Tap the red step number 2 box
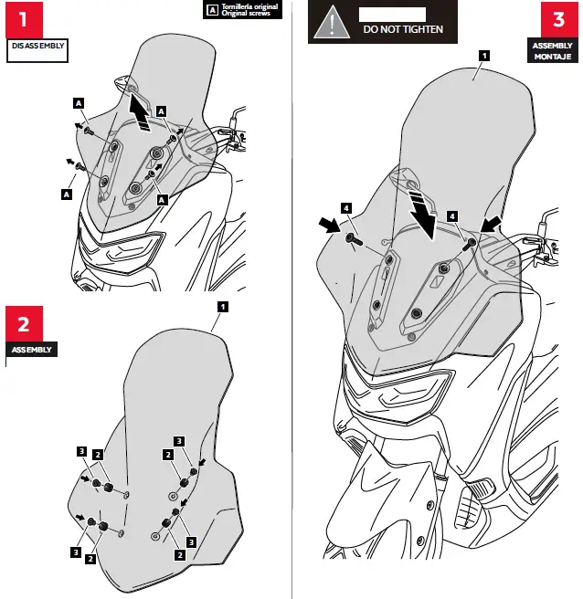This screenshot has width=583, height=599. click(24, 324)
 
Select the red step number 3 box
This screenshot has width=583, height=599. click(557, 19)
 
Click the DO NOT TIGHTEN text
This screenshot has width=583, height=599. click(403, 29)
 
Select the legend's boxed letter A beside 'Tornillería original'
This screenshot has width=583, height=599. click(213, 11)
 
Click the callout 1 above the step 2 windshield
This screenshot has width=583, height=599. click(222, 306)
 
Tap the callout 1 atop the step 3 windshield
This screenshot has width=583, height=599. click(482, 55)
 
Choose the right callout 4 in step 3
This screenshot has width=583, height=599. click(452, 215)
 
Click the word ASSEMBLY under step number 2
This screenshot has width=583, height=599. click(31, 350)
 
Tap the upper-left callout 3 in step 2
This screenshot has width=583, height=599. click(81, 451)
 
